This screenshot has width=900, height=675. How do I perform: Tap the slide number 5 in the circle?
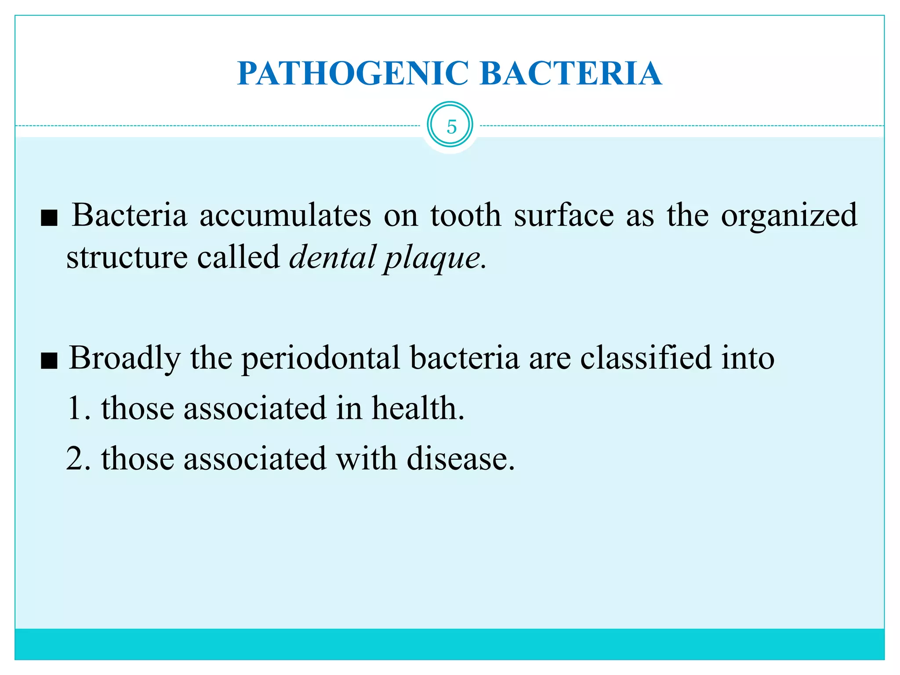coord(451,127)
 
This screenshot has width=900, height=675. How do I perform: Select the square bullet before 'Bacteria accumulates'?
coord(49,218)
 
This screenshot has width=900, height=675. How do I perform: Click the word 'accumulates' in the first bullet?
coord(285,216)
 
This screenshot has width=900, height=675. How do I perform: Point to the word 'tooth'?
coord(465,216)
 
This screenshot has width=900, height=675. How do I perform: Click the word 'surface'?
coord(564,216)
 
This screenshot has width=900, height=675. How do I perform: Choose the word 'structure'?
coord(127,258)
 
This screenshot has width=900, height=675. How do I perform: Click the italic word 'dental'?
coord(333,257)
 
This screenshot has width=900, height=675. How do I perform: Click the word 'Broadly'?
coord(125,359)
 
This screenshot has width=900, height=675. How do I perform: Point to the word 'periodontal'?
coord(321,359)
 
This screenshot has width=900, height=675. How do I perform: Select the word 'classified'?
coord(646,358)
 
